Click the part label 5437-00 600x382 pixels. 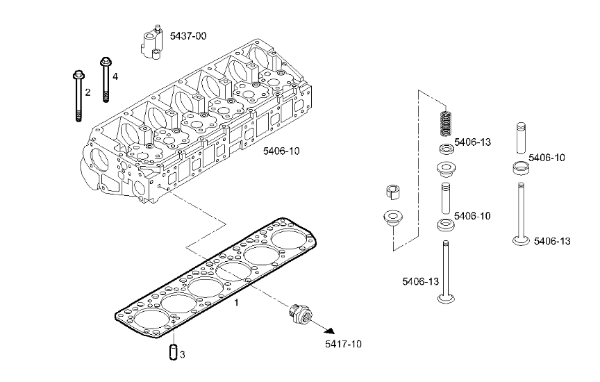(x=188, y=36)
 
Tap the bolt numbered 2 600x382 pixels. (x=78, y=96)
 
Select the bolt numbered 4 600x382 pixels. (x=106, y=79)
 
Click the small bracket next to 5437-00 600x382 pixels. (x=151, y=42)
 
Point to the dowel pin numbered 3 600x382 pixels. (x=174, y=352)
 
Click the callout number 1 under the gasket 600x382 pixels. (x=237, y=303)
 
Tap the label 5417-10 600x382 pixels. (x=343, y=344)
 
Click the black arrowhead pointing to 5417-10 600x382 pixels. (x=330, y=331)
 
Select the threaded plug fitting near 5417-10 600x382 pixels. (x=301, y=313)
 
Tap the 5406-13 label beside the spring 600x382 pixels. (x=473, y=142)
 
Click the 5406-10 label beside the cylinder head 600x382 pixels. (x=281, y=151)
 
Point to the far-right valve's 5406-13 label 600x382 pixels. (x=552, y=241)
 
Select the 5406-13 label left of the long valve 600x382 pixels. (x=421, y=282)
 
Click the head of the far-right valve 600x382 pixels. (x=521, y=241)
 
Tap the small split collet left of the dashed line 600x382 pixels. (x=392, y=192)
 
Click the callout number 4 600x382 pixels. (x=115, y=76)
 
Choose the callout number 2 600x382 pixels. (x=87, y=92)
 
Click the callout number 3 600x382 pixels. (x=182, y=355)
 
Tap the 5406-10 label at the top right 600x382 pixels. (x=547, y=158)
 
